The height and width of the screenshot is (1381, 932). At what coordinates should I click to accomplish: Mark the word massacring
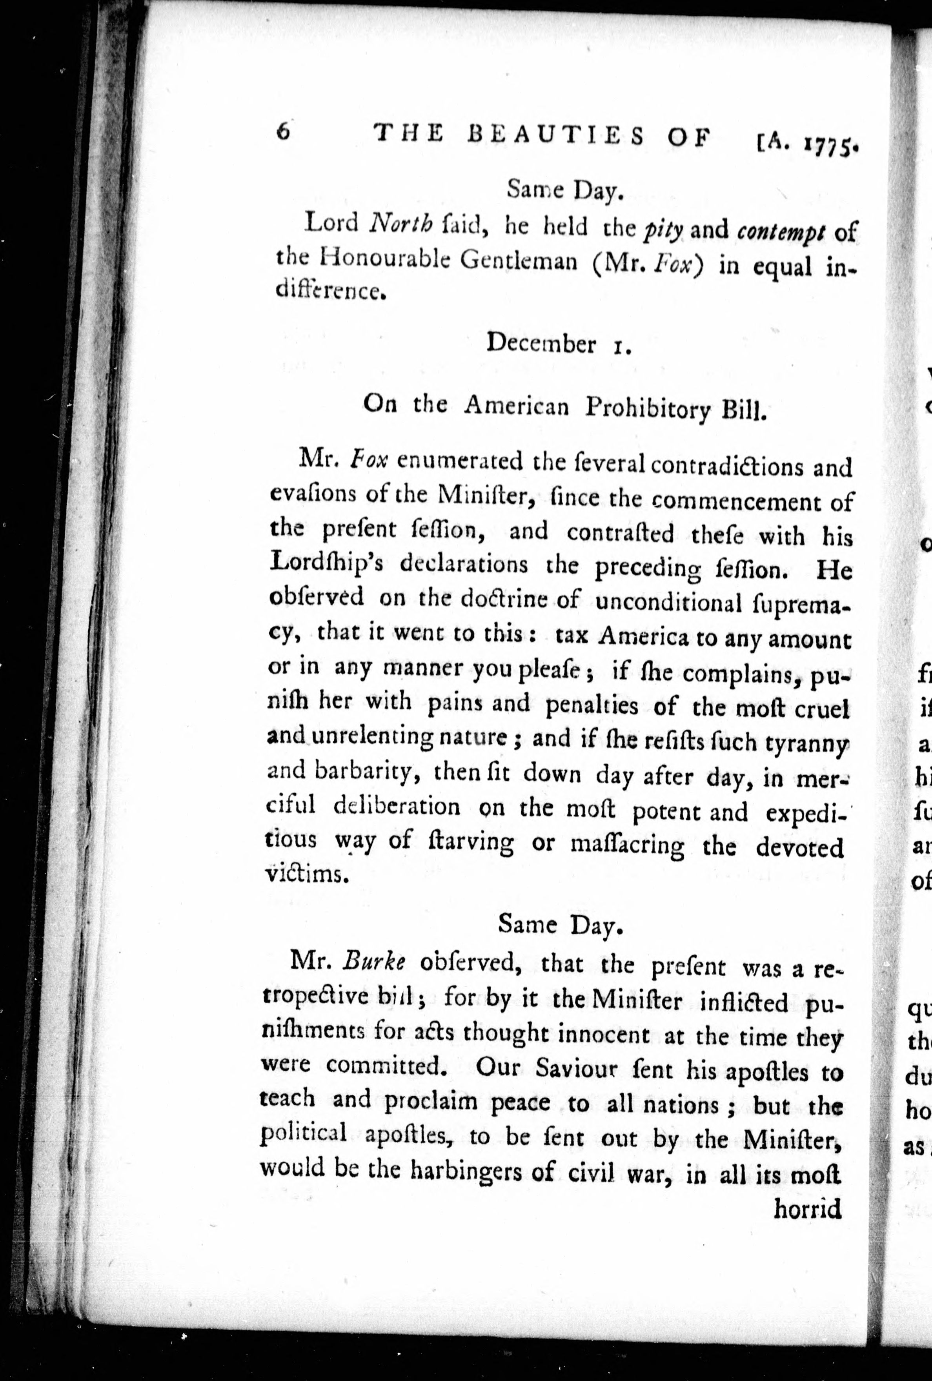click(x=627, y=845)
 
